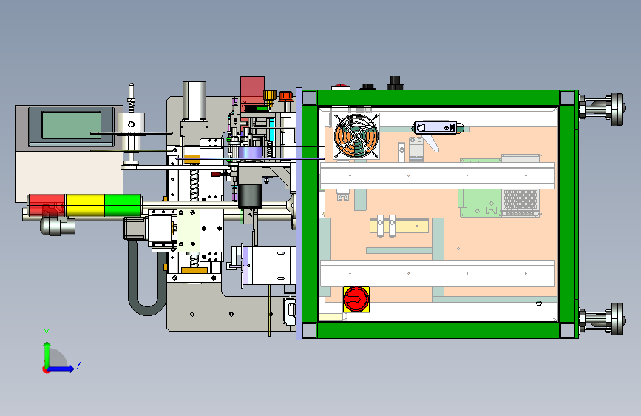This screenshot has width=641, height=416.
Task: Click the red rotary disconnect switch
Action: coord(356,299)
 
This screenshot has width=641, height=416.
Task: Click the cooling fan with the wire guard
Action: coord(356,136)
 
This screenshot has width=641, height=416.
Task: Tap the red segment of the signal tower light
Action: coord(46,205)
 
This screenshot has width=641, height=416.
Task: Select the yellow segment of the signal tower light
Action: coord(85,205)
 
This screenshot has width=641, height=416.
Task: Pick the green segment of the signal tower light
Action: coord(123,205)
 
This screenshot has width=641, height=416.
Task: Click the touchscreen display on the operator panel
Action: coord(72,126)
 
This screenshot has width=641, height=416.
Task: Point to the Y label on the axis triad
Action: coord(47,332)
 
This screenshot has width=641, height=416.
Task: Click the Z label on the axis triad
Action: coord(79,364)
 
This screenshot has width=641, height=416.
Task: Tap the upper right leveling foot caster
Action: coord(603,109)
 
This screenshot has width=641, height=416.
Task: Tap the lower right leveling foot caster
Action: coord(603,318)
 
